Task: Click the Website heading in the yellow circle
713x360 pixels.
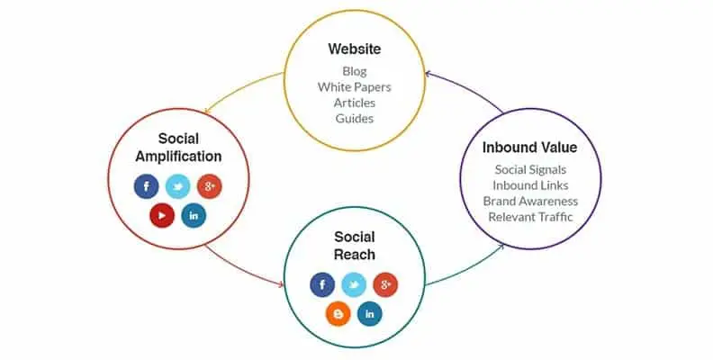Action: (354, 49)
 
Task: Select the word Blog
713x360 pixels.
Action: (354, 71)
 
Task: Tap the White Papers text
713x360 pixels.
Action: (354, 86)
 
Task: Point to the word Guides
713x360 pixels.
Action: (354, 118)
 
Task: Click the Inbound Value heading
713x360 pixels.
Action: (529, 148)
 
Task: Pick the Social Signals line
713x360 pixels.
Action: (530, 169)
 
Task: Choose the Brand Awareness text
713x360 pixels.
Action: (530, 201)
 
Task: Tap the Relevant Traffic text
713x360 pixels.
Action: (530, 217)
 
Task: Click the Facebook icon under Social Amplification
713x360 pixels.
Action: (147, 186)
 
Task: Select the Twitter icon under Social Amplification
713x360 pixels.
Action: (177, 186)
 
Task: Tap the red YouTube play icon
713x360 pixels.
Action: (162, 215)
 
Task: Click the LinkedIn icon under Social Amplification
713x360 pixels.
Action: (194, 215)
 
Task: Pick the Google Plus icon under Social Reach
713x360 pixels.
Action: (385, 285)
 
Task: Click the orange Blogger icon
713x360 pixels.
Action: (338, 314)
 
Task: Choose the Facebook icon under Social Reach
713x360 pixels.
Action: (322, 285)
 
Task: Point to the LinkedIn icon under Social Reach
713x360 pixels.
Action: (370, 314)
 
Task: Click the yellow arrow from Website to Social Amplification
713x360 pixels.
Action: (240, 88)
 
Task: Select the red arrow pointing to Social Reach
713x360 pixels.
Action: (241, 269)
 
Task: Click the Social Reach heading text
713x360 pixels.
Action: (354, 246)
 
